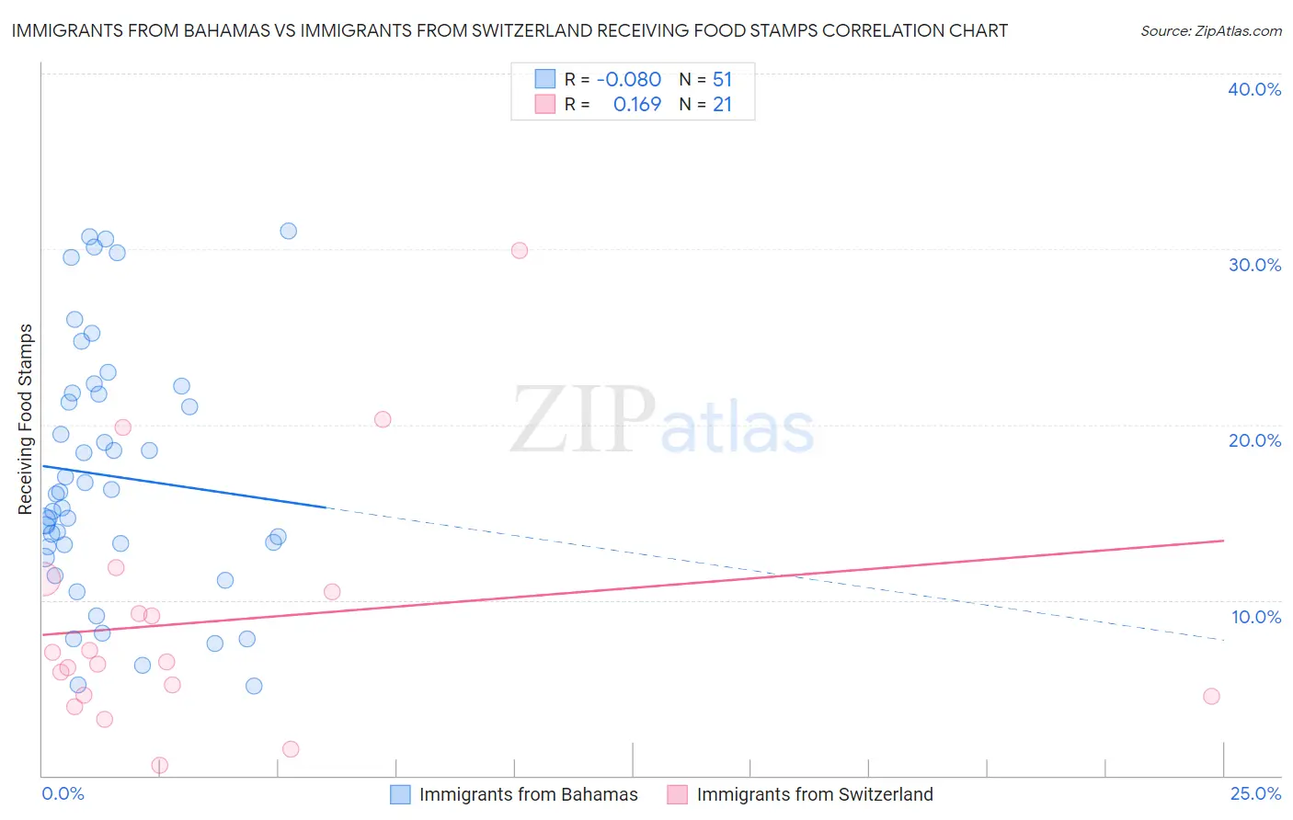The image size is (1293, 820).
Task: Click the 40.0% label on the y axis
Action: coord(1254,89)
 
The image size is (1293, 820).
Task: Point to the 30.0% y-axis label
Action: coord(1254,265)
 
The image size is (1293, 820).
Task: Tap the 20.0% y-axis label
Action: coord(1254,440)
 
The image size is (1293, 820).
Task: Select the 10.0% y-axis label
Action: coord(1256,617)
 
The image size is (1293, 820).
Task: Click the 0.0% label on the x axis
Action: coord(63,793)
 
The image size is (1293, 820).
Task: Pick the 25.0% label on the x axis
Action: coord(1255,793)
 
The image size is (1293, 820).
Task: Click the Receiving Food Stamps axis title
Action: coord(26,419)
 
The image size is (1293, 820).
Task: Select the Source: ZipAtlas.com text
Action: coord(1211,30)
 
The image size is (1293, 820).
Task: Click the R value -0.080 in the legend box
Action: coord(628,80)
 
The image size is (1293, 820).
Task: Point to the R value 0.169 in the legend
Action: coord(636,105)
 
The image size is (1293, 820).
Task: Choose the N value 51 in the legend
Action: coord(722,80)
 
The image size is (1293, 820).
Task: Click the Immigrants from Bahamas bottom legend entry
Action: coord(528,794)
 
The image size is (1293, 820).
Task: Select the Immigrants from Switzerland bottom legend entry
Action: coord(814,794)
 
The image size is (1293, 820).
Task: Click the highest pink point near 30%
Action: coord(520,250)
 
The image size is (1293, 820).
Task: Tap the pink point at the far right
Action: coord(1211,696)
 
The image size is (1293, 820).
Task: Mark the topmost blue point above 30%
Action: coord(289,231)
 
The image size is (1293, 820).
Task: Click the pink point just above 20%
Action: coord(383,419)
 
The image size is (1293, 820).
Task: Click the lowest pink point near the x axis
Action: coord(160,765)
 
